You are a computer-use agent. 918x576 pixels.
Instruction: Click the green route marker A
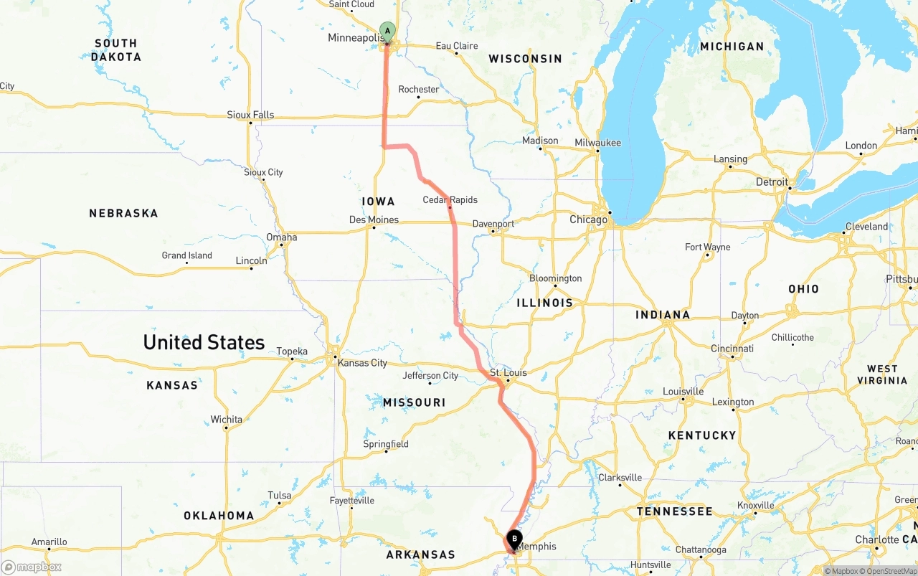pos(387,31)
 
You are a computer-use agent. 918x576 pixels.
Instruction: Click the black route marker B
pos(514,539)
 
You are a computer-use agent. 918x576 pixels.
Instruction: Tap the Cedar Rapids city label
pos(450,199)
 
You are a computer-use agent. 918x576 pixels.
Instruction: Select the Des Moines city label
pos(373,219)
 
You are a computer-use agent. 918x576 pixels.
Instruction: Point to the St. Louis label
pos(508,372)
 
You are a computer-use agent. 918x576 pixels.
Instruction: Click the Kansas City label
pos(362,363)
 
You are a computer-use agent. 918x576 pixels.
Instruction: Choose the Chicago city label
pos(588,219)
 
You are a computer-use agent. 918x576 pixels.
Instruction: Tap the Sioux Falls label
pos(250,115)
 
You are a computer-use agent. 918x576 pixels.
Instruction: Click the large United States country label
pos(204,342)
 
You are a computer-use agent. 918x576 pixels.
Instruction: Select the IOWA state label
pos(378,202)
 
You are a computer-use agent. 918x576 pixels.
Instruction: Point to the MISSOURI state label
pos(414,402)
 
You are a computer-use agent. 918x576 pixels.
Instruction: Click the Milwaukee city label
pos(597,143)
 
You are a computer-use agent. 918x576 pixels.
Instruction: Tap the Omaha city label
pos(281,237)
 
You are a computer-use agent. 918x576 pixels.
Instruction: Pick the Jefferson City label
pos(430,375)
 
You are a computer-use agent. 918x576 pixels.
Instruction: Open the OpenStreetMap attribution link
pos(891,571)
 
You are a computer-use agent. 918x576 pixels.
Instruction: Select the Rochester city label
pos(418,90)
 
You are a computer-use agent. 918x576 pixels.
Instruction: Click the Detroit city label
pos(772,182)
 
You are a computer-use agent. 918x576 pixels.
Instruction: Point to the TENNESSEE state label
pos(675,511)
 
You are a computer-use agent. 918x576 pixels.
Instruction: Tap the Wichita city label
pos(226,420)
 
